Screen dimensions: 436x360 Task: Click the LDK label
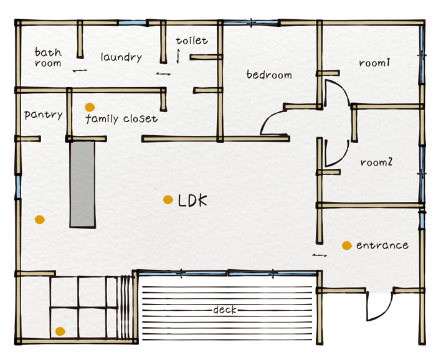192,200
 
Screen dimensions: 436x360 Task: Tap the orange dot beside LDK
168,199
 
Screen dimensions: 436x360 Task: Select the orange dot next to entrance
347,245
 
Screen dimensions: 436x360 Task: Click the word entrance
382,245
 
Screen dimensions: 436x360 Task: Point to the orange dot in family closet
90,107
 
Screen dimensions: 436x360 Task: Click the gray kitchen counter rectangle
83,184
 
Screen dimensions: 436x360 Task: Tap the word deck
225,310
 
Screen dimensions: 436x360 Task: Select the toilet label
192,40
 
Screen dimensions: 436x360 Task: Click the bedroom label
269,75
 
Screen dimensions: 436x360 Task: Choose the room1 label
374,63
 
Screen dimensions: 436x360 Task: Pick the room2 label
376,162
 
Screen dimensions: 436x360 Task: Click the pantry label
44,115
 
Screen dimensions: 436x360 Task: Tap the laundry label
121,57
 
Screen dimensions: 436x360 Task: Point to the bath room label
48,57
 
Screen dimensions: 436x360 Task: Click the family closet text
121,119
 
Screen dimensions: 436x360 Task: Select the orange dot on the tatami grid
60,331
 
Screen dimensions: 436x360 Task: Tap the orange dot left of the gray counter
40,220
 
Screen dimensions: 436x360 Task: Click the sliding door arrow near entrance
319,255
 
